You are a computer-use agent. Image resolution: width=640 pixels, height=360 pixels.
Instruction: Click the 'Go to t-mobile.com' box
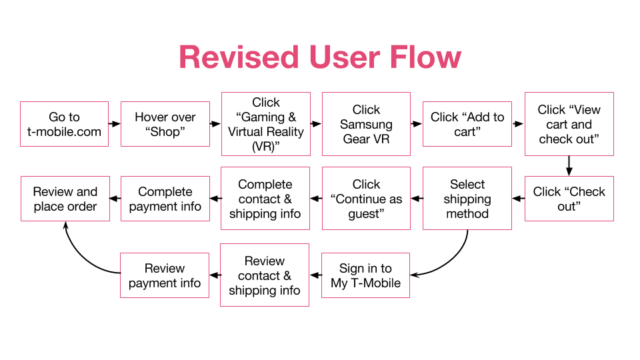click(64, 124)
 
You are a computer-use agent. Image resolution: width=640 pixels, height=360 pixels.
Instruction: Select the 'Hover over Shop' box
click(165, 124)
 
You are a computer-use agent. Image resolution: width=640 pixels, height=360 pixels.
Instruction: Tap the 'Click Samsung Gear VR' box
click(366, 124)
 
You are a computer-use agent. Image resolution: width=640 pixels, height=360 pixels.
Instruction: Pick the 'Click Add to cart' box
click(467, 124)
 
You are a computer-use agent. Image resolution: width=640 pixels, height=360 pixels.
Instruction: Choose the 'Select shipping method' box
click(467, 199)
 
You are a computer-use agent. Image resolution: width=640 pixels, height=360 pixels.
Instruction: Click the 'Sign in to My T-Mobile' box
click(366, 275)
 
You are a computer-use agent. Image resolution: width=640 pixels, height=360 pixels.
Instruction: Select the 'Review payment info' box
click(165, 275)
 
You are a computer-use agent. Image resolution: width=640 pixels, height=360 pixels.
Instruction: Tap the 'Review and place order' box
click(65, 199)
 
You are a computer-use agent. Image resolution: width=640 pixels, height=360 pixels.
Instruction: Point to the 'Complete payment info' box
click(165, 199)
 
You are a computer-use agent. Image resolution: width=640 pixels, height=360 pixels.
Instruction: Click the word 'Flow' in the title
click(425, 57)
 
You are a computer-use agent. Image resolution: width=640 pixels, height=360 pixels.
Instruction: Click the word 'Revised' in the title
click(239, 57)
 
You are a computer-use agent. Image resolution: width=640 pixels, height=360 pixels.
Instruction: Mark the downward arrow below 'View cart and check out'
click(569, 166)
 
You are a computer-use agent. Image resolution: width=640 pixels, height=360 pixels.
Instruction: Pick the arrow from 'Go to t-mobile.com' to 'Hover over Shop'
click(115, 124)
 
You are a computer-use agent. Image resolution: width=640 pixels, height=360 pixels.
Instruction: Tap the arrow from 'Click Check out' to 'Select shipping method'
click(519, 199)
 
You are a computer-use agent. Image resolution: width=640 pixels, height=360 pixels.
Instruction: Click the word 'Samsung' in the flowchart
click(366, 125)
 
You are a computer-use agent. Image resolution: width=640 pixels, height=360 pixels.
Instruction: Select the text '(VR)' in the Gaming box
click(266, 147)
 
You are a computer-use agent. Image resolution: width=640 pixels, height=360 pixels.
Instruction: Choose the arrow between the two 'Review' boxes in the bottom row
click(215, 275)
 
